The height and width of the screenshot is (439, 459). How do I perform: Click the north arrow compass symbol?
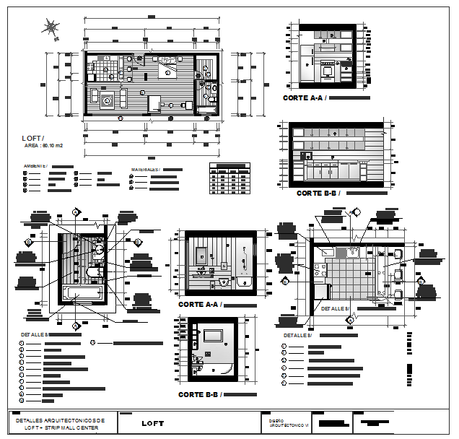(51, 28)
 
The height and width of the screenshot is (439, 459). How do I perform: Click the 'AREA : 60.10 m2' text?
(44, 146)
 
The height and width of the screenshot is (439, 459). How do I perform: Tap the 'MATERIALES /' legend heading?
(144, 170)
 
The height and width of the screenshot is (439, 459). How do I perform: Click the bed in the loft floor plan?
(170, 68)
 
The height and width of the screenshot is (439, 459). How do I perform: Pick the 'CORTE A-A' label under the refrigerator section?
(304, 97)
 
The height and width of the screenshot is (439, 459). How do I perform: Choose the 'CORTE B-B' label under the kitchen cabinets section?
(318, 194)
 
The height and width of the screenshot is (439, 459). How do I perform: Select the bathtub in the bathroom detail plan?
(81, 293)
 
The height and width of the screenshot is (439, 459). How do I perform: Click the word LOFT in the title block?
(152, 423)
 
